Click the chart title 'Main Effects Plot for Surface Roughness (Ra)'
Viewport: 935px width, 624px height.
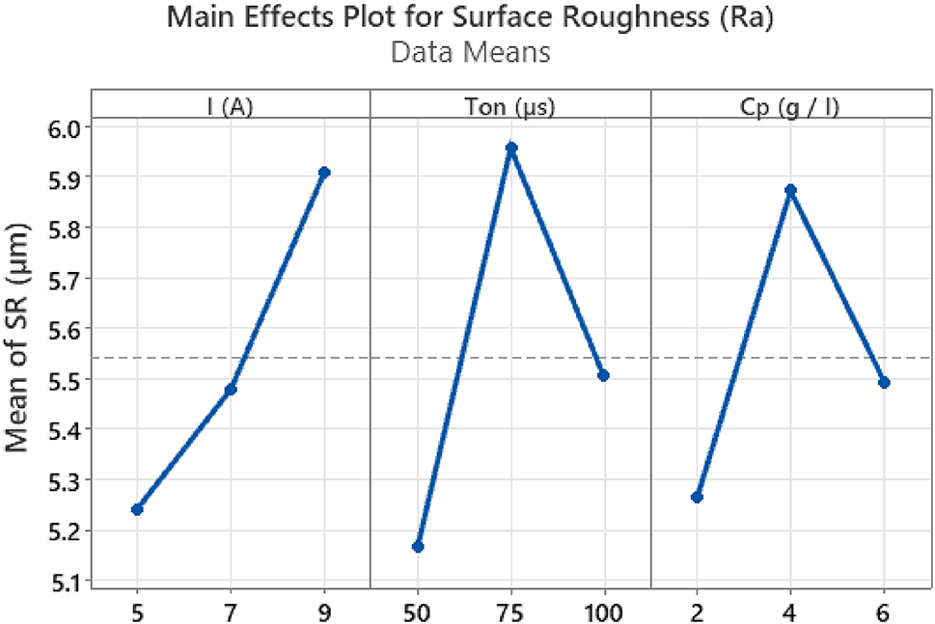pos(470,18)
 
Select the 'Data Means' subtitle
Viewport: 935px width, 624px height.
pos(470,52)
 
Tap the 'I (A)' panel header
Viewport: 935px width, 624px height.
pos(230,106)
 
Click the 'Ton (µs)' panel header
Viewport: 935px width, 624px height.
pos(510,106)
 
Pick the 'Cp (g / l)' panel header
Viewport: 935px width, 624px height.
pos(791,106)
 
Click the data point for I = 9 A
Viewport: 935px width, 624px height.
pos(324,173)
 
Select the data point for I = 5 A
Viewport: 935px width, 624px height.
pos(137,509)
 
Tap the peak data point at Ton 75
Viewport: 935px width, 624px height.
pos(511,149)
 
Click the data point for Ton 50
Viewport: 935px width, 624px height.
pos(418,547)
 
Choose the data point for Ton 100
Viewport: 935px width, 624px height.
pos(604,375)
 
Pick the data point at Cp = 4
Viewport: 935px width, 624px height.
pos(791,190)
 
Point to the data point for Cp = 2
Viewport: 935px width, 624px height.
pos(698,497)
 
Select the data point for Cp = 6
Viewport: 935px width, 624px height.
pos(885,383)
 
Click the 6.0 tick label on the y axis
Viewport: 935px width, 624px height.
pos(62,127)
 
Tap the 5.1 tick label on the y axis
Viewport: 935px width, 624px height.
pos(62,581)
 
